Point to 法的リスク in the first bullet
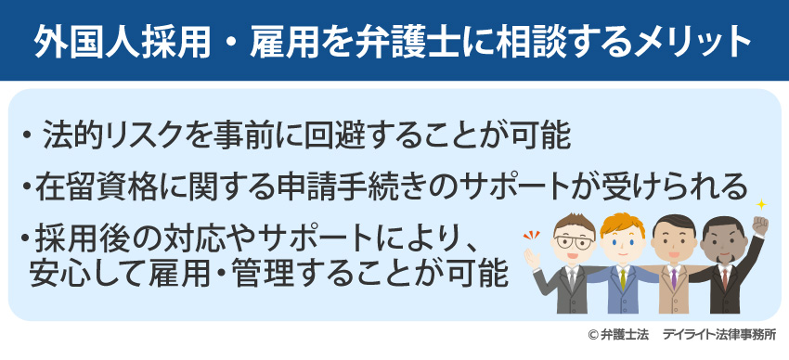pyautogui.click(x=108, y=136)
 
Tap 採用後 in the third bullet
pyautogui.click(x=79, y=238)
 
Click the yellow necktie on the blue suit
pyautogui.click(x=621, y=277)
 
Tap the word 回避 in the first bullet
pyautogui.click(x=335, y=136)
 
